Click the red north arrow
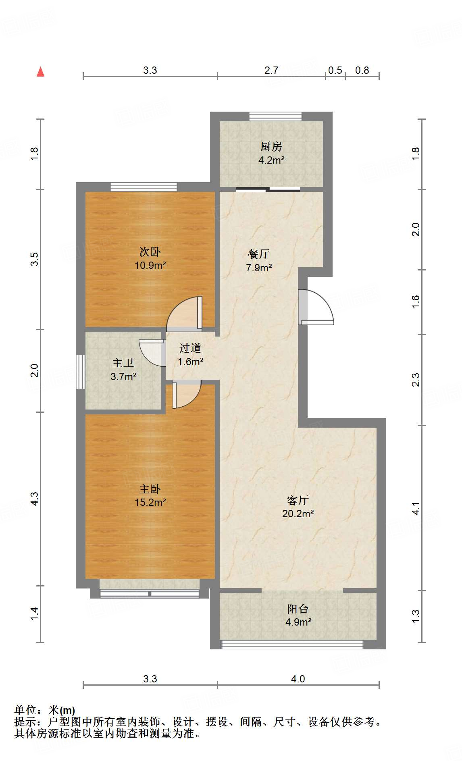pyautogui.click(x=40, y=72)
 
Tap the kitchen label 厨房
pyautogui.click(x=271, y=146)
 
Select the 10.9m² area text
pyautogui.click(x=150, y=265)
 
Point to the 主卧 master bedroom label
pyautogui.click(x=150, y=489)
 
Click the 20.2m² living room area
pyautogui.click(x=298, y=514)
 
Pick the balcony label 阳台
pyautogui.click(x=298, y=609)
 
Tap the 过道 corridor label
pyautogui.click(x=190, y=348)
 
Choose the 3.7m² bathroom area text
pyautogui.click(x=123, y=376)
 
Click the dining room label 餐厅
pyautogui.click(x=258, y=254)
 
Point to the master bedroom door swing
pyautogui.click(x=186, y=394)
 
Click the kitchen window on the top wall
pyautogui.click(x=275, y=116)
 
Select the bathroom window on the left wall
pyautogui.click(x=81, y=372)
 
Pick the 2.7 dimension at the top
pyautogui.click(x=271, y=71)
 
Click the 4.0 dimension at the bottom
pyautogui.click(x=298, y=679)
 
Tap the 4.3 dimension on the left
pyautogui.click(x=35, y=499)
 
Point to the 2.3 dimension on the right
pyautogui.click(x=416, y=380)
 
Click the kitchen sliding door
pyautogui.click(x=268, y=189)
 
